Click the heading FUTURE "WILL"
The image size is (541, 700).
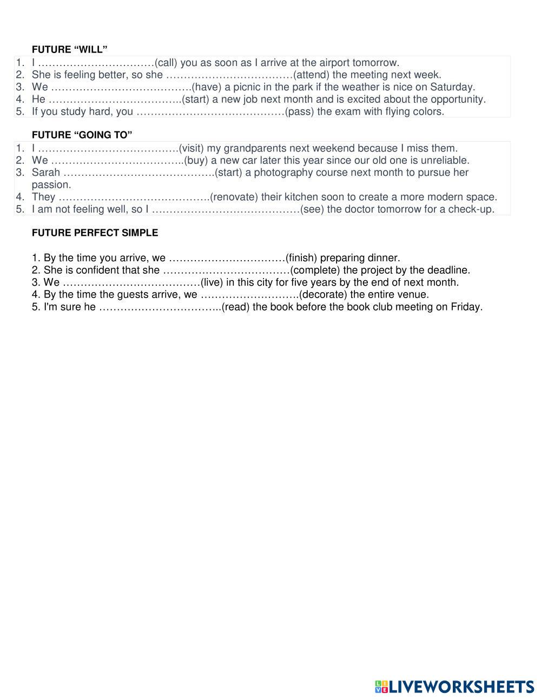pyautogui.click(x=69, y=50)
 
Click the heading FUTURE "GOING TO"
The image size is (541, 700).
pyautogui.click(x=82, y=135)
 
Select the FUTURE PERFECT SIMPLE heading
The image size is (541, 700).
pyautogui.click(x=95, y=233)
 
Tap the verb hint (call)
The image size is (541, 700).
pyautogui.click(x=166, y=63)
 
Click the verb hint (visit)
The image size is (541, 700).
pyautogui.click(x=192, y=148)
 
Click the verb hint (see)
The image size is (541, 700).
pyautogui.click(x=312, y=209)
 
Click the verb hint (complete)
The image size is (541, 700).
pyautogui.click(x=315, y=270)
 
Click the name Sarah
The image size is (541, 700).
pyautogui.click(x=46, y=173)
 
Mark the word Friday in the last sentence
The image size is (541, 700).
pyautogui.click(x=466, y=307)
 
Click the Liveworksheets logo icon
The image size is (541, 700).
pyautogui.click(x=381, y=686)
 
